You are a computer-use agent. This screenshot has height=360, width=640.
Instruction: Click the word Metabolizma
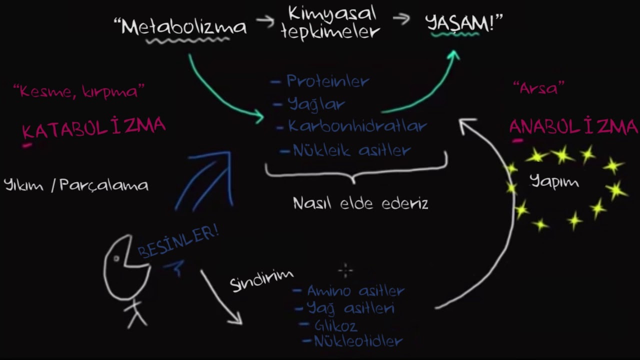click(x=184, y=27)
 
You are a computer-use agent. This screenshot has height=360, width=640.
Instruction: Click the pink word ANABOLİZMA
click(x=573, y=126)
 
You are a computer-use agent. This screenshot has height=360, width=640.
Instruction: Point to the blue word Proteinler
click(x=327, y=81)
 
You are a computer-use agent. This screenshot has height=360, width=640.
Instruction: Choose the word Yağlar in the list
click(x=316, y=104)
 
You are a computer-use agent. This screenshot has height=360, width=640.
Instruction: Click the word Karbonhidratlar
click(x=357, y=126)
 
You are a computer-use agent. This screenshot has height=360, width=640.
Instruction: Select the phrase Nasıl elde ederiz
click(x=360, y=203)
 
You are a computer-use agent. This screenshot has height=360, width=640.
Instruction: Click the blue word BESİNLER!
click(x=178, y=242)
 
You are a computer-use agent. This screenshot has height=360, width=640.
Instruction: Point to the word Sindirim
click(x=261, y=280)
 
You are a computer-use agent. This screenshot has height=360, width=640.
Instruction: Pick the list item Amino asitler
click(x=355, y=290)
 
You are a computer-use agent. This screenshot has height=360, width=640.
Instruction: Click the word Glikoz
click(x=335, y=326)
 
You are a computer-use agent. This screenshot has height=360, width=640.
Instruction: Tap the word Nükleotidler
click(x=358, y=342)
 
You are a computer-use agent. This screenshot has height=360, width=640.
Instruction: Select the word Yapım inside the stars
click(x=554, y=181)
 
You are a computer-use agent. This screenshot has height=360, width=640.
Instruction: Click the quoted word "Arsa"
click(x=538, y=88)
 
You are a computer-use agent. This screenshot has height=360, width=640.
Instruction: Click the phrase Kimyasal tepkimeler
click(x=332, y=23)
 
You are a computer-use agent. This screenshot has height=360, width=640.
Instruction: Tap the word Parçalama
click(x=104, y=185)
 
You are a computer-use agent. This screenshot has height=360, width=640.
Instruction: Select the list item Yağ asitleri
click(x=350, y=308)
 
